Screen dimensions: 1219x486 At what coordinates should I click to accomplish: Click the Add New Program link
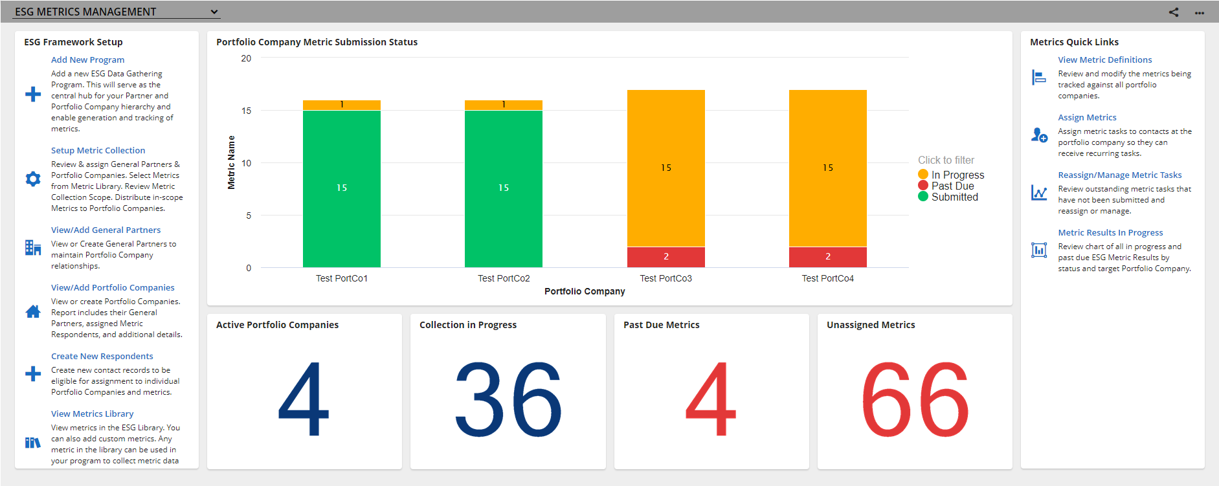click(87, 60)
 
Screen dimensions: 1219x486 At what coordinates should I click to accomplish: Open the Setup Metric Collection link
click(98, 150)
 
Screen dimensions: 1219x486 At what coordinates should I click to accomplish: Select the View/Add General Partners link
click(106, 230)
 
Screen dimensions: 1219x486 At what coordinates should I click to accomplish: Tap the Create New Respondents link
click(102, 356)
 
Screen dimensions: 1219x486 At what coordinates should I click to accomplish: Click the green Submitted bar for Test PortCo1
click(342, 189)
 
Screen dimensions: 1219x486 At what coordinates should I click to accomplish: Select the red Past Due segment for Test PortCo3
click(666, 257)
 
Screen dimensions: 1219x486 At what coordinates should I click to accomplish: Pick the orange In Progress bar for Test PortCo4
click(828, 168)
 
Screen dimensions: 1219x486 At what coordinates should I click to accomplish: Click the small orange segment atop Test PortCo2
click(504, 105)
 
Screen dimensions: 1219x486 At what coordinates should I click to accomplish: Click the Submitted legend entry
click(948, 197)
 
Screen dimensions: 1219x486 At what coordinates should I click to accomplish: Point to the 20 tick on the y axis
click(246, 58)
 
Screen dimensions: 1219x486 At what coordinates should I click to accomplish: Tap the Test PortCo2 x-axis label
click(504, 278)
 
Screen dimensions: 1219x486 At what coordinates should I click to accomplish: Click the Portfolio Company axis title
click(585, 291)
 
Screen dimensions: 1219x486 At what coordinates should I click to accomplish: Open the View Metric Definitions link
click(1105, 60)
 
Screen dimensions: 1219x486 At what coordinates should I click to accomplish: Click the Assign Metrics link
click(1087, 117)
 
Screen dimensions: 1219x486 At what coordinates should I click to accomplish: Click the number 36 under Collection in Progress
click(508, 399)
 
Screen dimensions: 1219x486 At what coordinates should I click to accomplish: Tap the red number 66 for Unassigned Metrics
click(915, 399)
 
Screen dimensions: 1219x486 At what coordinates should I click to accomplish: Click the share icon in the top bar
click(1174, 12)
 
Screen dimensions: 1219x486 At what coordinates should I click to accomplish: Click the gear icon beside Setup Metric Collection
click(33, 179)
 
